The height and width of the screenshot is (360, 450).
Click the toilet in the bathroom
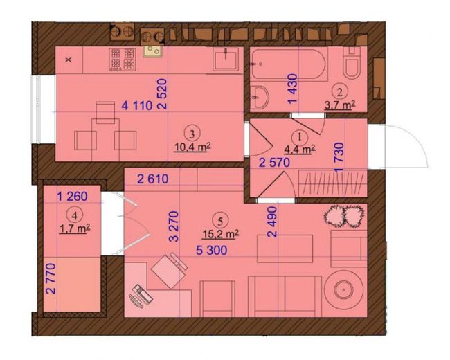click(x=352, y=62)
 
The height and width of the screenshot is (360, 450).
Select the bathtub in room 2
click(x=289, y=65)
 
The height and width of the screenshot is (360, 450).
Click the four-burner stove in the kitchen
click(x=123, y=60)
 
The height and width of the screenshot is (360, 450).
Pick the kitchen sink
click(x=226, y=60)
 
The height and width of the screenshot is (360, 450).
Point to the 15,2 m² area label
click(x=220, y=234)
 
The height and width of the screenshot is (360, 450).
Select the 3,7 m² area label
click(x=340, y=105)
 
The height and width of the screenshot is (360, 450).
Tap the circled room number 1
click(x=299, y=137)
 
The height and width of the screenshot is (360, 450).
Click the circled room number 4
click(x=75, y=215)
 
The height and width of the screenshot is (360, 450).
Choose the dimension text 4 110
click(x=137, y=106)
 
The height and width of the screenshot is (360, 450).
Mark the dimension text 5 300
click(x=212, y=250)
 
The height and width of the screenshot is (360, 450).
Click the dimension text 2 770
click(x=51, y=279)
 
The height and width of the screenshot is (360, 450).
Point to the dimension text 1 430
click(x=292, y=89)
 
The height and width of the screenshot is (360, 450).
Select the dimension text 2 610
click(x=153, y=179)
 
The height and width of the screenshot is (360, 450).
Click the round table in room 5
click(x=344, y=289)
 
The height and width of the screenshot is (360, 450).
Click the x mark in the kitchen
click(x=69, y=60)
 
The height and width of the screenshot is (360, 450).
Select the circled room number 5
click(x=220, y=221)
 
